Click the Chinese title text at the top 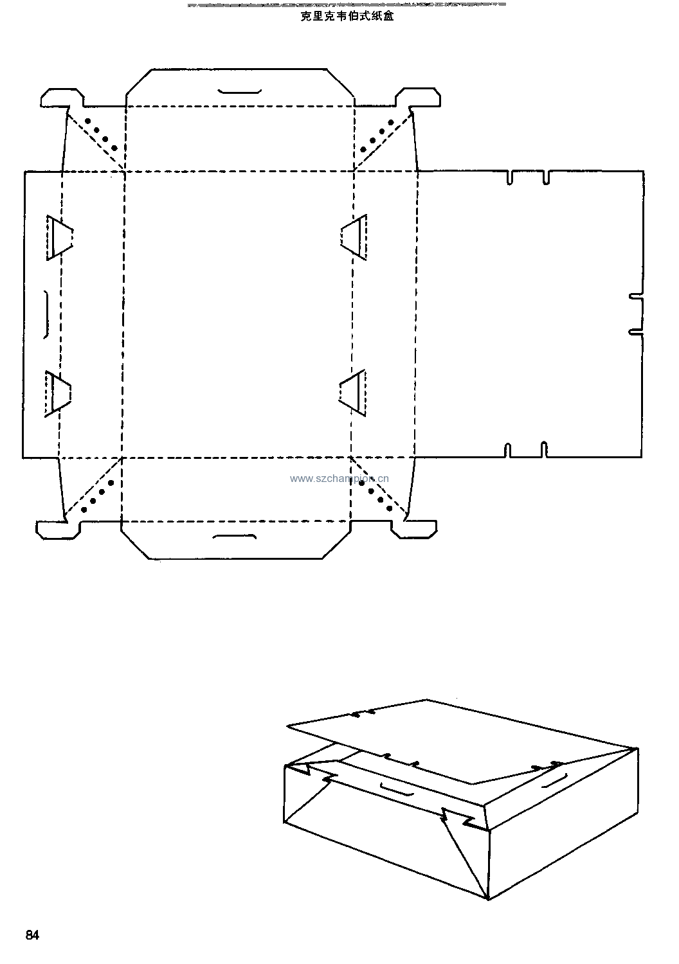(347, 16)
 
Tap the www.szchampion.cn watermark (339, 479)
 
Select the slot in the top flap (239, 91)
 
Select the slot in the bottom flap (235, 537)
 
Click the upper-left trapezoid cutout (59, 238)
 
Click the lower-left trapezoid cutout (58, 394)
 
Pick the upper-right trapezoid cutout (354, 237)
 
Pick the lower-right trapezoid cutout (352, 393)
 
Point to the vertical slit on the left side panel (46, 315)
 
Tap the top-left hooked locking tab (62, 98)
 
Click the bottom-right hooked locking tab (414, 529)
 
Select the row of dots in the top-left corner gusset (101, 134)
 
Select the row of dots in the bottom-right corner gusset (376, 495)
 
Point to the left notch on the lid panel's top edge (510, 178)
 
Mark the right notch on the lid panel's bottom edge (544, 449)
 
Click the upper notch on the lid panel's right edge (636, 296)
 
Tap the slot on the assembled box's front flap (397, 790)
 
